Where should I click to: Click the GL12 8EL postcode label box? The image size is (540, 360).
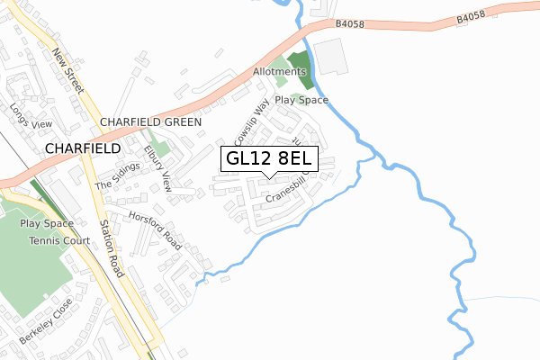pyautogui.click(x=268, y=158)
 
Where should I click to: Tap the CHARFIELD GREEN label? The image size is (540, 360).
pyautogui.click(x=151, y=121)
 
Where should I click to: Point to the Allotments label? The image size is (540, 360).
pyautogui.click(x=279, y=71)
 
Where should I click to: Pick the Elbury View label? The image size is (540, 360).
pyautogui.click(x=157, y=169)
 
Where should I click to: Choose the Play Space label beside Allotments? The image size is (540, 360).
pyautogui.click(x=301, y=101)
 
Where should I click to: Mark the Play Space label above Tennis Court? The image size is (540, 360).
pyautogui.click(x=46, y=222)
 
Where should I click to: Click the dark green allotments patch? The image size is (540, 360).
pyautogui.click(x=305, y=71)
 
